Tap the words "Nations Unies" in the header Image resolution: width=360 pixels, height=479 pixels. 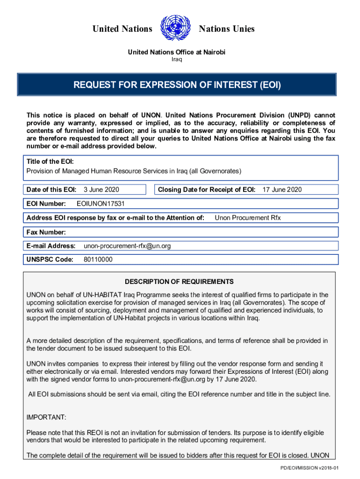coord(227,29)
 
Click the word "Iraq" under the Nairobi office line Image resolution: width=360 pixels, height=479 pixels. coord(176,59)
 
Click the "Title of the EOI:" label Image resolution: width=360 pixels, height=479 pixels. coord(50,161)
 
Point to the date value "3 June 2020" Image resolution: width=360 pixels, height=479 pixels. coord(101,189)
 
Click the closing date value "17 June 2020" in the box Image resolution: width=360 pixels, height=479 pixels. coord(282,189)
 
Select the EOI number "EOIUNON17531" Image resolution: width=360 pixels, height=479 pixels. coord(101,203)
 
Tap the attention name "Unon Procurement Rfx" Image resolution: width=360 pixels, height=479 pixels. coord(248,218)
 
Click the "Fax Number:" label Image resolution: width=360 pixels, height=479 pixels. coord(46,232)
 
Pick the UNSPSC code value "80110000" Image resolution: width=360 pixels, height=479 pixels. coord(98,260)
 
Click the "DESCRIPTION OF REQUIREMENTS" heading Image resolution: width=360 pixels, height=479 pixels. coord(179,282)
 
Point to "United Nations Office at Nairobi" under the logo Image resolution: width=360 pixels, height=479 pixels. coord(177,52)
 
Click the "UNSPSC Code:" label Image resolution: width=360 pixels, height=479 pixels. coord(50,260)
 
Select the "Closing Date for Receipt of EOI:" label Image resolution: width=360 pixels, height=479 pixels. coord(207,189)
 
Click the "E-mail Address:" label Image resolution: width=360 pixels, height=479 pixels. coord(51,246)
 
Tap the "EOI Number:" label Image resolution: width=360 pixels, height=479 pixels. coord(46,203)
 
